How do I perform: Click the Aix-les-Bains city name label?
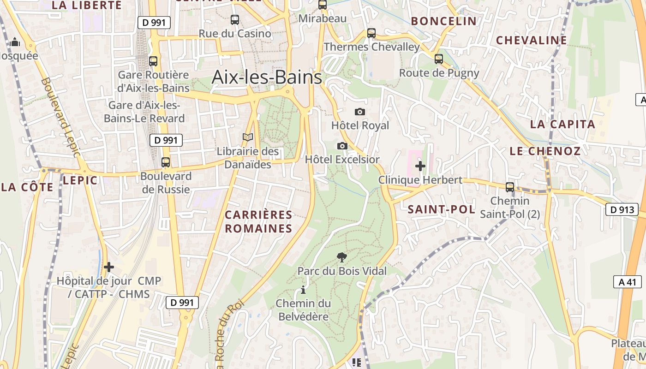(x=267, y=77)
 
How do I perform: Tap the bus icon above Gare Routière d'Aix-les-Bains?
(x=153, y=61)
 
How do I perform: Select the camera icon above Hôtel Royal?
(x=360, y=112)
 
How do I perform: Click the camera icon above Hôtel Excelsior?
(x=342, y=146)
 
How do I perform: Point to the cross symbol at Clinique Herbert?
(x=420, y=166)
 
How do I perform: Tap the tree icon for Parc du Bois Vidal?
(x=341, y=257)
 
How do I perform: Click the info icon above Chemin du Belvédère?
(x=303, y=290)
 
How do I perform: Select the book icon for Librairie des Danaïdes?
(x=248, y=137)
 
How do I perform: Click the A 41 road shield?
(x=627, y=282)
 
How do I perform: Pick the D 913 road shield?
(x=622, y=209)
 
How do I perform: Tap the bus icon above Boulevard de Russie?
(x=166, y=162)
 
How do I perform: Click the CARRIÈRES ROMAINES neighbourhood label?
(x=258, y=221)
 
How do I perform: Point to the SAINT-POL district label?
(x=441, y=209)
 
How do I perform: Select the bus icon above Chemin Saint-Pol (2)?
(x=510, y=187)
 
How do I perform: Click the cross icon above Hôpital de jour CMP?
(x=109, y=267)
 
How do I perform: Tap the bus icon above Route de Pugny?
(x=439, y=59)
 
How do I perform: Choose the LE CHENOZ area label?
(x=545, y=151)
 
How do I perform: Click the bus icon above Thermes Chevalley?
(x=371, y=33)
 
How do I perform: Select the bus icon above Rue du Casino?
(x=235, y=20)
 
